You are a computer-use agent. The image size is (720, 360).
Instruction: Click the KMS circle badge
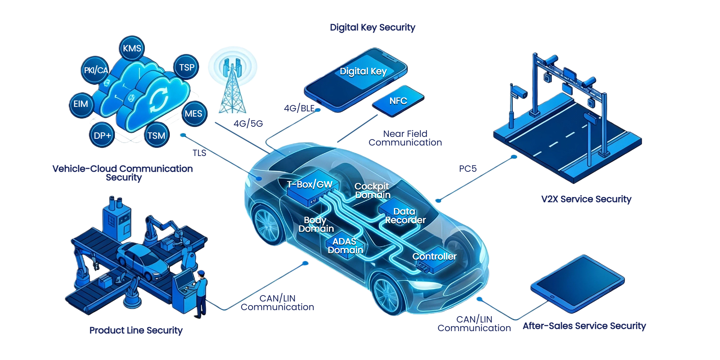(x=132, y=48)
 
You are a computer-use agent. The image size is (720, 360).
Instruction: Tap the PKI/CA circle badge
(x=96, y=70)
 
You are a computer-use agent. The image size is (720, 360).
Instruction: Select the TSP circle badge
(x=186, y=67)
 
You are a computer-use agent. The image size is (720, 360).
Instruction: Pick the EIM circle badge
(x=81, y=104)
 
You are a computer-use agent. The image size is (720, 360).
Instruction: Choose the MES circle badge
(x=193, y=114)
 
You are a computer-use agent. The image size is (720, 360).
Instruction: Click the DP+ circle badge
(x=102, y=135)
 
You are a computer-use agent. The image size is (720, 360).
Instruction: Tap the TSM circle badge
(x=156, y=135)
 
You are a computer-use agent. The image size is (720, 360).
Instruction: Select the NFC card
(x=398, y=101)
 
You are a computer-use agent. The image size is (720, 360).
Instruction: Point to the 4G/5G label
(x=248, y=123)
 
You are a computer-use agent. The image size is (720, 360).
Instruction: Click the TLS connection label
(x=199, y=153)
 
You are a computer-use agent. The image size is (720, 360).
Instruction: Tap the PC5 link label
(x=468, y=169)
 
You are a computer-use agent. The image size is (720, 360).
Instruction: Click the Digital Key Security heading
(x=372, y=27)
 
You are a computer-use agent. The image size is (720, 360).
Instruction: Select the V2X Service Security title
(x=586, y=199)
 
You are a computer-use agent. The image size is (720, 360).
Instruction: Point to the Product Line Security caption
(x=136, y=330)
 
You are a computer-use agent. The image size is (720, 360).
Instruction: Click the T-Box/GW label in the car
(x=310, y=184)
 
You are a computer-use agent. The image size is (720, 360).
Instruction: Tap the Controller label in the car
(x=434, y=256)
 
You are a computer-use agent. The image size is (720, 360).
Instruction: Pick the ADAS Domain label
(x=345, y=246)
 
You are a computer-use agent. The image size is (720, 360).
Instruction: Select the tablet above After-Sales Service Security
(x=577, y=283)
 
